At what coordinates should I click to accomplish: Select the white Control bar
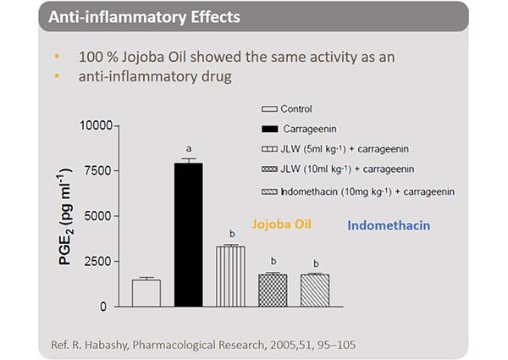coord(146,292)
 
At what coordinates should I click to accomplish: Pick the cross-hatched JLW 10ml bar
coord(273,290)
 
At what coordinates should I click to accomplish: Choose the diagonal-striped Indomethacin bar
coord(315,290)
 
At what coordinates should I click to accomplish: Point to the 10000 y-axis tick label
coord(94,126)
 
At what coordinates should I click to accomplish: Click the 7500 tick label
coord(98,171)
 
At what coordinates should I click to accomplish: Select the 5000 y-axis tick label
coord(98,216)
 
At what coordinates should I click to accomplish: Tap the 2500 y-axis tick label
coord(98,261)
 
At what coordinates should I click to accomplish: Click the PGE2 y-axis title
coord(69,216)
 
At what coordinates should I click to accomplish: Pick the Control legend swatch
coord(270,109)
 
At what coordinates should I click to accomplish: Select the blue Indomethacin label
coord(389,226)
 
